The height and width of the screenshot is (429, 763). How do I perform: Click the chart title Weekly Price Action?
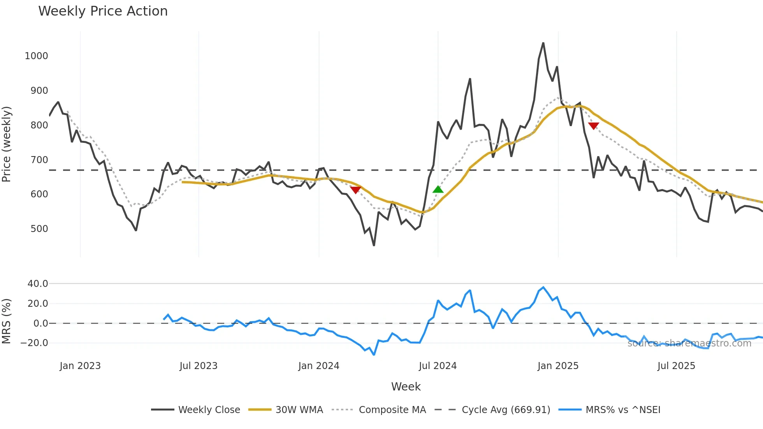pos(103,11)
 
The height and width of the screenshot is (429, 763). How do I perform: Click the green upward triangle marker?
pos(438,190)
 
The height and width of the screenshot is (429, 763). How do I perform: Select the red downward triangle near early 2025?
pos(593,126)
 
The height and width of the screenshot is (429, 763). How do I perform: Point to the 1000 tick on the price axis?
pos(36,56)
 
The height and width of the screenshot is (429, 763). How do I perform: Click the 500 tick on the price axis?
pos(39,229)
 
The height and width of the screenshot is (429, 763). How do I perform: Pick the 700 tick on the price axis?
pos(39,160)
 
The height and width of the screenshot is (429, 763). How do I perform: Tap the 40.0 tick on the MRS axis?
pos(38,284)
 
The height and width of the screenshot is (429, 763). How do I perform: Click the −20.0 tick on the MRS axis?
pos(34,343)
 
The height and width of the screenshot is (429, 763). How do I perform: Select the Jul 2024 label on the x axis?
pos(438,366)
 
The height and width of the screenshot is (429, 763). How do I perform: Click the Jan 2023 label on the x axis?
pos(80,366)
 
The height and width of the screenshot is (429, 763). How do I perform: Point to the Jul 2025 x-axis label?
pos(676,366)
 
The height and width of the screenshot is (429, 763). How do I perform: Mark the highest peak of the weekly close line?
pos(543,43)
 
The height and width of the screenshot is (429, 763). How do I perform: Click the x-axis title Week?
pos(406,387)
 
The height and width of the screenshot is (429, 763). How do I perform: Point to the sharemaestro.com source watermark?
pos(689,343)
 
